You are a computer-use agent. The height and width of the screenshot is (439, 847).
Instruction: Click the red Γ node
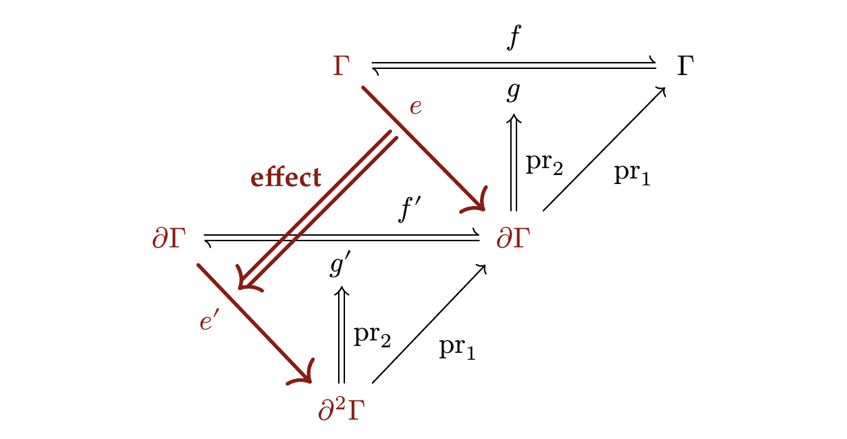[x=341, y=66]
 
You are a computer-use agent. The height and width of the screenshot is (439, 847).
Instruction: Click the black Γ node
[x=685, y=66]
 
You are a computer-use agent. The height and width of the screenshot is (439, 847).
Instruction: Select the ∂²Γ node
[x=342, y=410]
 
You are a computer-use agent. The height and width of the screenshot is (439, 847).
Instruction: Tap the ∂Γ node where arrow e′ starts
[x=169, y=238]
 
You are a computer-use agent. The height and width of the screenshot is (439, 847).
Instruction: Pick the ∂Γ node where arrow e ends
[x=513, y=238]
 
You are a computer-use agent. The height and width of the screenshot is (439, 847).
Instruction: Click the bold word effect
[x=286, y=177]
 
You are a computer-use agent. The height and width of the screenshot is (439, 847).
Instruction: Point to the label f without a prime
[x=514, y=37]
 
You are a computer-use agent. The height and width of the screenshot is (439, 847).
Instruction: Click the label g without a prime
[x=514, y=92]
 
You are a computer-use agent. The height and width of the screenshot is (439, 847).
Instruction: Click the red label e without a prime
[x=415, y=107]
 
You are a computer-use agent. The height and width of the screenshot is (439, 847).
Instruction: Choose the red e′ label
[x=209, y=320]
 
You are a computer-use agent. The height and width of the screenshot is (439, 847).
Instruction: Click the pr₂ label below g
[x=545, y=164]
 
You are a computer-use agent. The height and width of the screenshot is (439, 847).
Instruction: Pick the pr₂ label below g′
[x=372, y=336]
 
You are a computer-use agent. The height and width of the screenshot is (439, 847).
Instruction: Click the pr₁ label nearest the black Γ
[x=632, y=175]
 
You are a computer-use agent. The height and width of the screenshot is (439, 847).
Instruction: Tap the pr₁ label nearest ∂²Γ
[x=457, y=348]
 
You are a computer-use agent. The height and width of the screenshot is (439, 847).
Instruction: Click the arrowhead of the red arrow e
[x=477, y=203]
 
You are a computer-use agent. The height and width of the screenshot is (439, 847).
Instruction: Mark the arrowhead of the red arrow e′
[x=304, y=376]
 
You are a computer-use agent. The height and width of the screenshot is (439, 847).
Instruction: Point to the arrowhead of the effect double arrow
[x=247, y=280]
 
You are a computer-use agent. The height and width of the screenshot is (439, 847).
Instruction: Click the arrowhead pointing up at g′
[x=342, y=291]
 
